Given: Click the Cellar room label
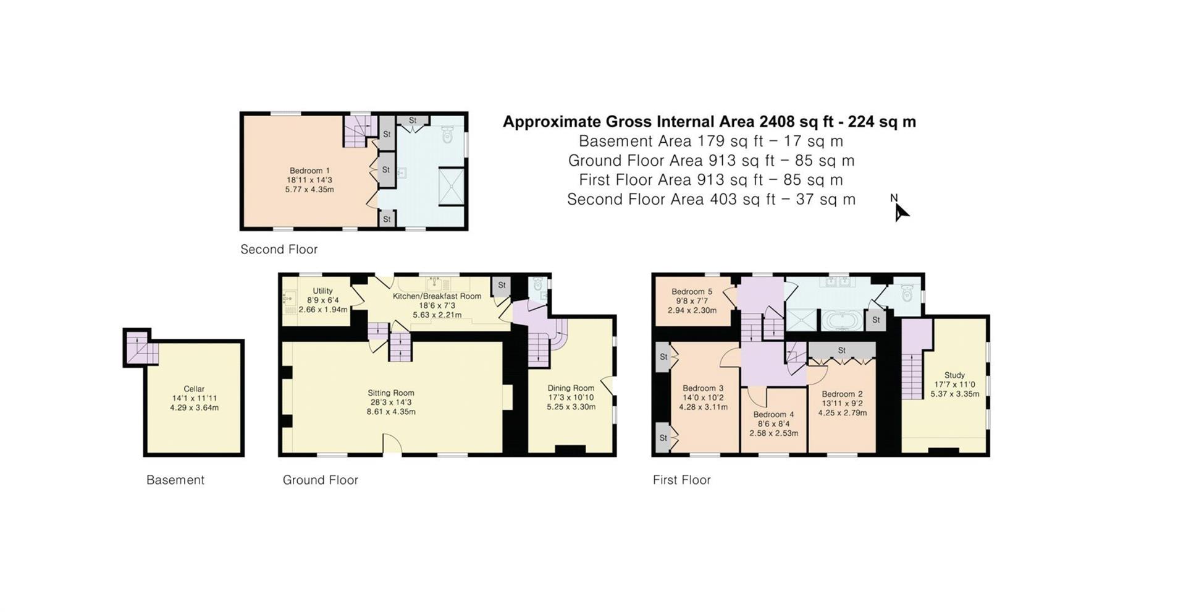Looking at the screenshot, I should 194,389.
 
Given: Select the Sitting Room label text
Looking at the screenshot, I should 390,393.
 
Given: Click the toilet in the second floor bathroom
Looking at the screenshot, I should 448,134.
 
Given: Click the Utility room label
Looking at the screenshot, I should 322,291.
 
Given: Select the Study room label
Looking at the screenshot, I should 954,375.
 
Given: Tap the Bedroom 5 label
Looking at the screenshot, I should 692,292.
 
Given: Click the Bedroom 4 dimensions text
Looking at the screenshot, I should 773,428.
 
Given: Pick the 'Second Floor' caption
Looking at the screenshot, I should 279,250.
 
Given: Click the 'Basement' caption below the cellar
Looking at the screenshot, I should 175,480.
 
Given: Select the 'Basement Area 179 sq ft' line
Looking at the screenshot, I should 710,141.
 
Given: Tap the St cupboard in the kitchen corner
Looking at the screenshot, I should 502,286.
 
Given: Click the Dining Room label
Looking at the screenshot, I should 570,388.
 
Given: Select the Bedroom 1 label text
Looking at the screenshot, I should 309,171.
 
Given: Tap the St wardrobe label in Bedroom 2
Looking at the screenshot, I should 841,351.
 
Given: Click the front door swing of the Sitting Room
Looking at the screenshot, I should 392,444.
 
